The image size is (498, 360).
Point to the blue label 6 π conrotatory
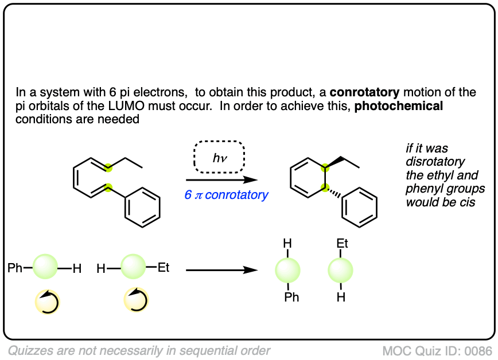pyautogui.click(x=226, y=195)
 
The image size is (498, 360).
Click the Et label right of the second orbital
pyautogui.click(x=164, y=267)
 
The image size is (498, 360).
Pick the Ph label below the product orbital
pyautogui.click(x=291, y=297)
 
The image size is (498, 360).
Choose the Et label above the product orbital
pyautogui.click(x=343, y=244)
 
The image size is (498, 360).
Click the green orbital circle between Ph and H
pyautogui.click(x=45, y=267)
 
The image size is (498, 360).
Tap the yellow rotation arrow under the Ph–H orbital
pyautogui.click(x=47, y=300)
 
